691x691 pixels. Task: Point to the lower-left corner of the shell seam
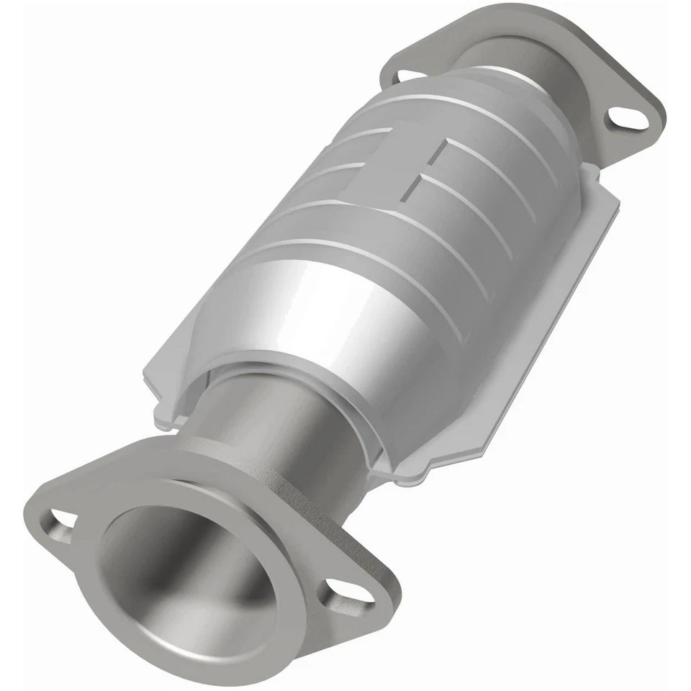point(162,417)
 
